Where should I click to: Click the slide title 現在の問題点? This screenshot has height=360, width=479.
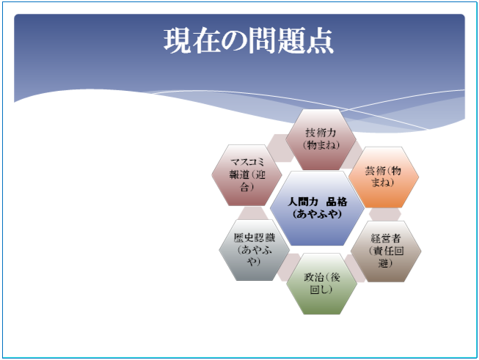click(249, 41)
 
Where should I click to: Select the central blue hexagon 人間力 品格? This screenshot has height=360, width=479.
click(317, 208)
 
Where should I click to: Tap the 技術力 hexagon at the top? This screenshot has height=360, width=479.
click(321, 139)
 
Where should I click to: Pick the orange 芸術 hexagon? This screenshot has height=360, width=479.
click(384, 177)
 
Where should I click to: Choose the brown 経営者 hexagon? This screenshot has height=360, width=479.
click(386, 251)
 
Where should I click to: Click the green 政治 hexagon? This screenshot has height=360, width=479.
click(321, 284)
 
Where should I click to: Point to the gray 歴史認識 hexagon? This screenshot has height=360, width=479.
click(254, 250)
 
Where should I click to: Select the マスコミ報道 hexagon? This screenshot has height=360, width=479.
click(246, 175)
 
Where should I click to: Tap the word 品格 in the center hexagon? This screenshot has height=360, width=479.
click(337, 202)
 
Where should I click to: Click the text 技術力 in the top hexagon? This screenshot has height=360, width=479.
click(321, 133)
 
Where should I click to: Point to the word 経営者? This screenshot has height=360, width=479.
click(386, 238)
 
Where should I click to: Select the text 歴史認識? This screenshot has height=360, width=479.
click(254, 238)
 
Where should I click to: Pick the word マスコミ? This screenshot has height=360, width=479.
click(246, 162)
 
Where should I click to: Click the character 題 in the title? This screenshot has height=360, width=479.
click(291, 41)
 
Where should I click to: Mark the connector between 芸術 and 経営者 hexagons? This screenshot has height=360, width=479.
click(385, 214)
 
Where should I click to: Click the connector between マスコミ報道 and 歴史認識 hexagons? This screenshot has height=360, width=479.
click(252, 213)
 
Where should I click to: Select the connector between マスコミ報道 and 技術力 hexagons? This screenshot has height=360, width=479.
click(279, 147)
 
